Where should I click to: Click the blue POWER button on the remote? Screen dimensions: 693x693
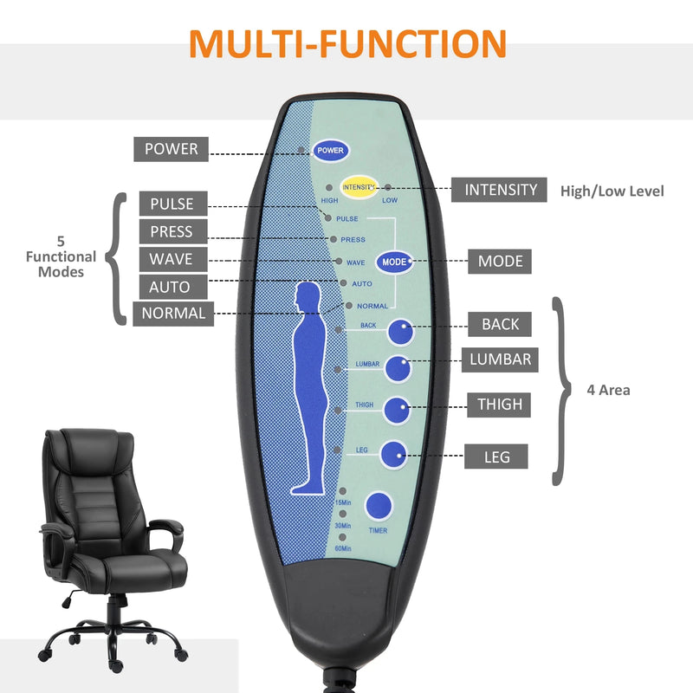coord(330,150)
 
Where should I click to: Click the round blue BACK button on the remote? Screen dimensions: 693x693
coord(399,332)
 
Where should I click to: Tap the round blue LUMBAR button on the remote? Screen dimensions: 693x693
coord(398,368)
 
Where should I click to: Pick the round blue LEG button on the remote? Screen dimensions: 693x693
coord(394,453)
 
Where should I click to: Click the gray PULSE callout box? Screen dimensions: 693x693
coord(173,204)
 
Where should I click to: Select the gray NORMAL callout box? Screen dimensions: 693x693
coord(173,313)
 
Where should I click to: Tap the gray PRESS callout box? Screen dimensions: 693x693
coord(173,231)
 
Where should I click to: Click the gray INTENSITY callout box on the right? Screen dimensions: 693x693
coord(500,190)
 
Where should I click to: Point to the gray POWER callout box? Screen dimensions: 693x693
coord(171,149)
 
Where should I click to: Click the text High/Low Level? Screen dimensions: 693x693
coord(612,191)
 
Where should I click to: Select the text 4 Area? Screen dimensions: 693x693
coord(608,390)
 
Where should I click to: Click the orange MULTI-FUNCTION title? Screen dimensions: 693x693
coord(347,44)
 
